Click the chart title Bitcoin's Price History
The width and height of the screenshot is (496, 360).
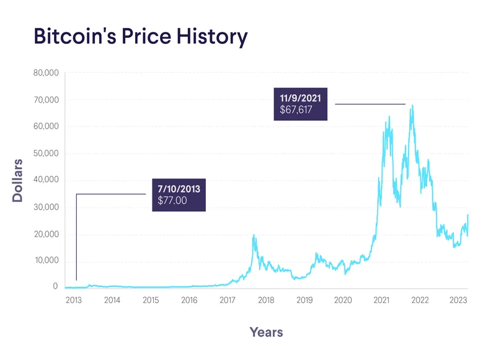(140, 37)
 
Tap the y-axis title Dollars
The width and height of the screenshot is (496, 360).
(18, 180)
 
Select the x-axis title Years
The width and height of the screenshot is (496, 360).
(266, 332)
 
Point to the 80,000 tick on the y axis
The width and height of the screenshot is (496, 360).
(45, 72)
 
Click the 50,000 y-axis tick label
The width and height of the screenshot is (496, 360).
(45, 153)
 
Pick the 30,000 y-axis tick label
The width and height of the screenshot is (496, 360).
(45, 207)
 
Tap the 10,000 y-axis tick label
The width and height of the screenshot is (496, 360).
(45, 260)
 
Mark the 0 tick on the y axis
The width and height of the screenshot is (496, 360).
(55, 287)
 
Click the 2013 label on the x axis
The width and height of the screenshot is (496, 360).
(73, 301)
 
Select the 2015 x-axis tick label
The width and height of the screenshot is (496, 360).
(151, 301)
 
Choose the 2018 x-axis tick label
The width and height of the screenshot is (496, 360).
(266, 301)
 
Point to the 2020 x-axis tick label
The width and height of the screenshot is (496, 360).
(343, 301)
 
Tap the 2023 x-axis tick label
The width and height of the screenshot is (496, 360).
(458, 301)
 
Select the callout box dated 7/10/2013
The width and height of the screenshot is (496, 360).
(179, 195)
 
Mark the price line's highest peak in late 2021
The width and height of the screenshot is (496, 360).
(412, 106)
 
